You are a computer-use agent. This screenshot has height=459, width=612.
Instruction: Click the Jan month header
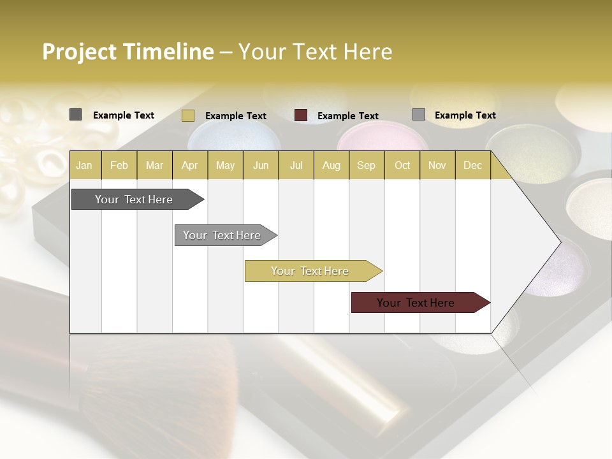click(x=85, y=165)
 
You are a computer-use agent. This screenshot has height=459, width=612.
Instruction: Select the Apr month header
click(x=190, y=165)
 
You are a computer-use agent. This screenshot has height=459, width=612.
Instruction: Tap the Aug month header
click(x=331, y=165)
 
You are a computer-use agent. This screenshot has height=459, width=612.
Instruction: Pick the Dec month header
click(x=473, y=165)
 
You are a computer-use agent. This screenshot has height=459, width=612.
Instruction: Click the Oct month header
click(x=402, y=165)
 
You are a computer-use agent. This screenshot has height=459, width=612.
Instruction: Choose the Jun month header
click(x=261, y=165)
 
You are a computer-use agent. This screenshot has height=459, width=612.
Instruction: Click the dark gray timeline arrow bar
click(x=135, y=200)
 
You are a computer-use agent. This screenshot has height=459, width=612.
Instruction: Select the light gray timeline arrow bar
click(x=222, y=235)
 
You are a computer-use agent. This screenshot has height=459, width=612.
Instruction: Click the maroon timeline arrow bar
click(x=416, y=303)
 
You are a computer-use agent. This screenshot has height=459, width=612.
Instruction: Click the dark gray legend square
click(x=75, y=115)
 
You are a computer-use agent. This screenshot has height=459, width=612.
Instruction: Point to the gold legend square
click(x=187, y=115)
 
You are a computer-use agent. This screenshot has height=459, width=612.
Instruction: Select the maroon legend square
click(x=301, y=115)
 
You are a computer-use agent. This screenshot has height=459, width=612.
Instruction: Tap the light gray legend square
click(x=418, y=115)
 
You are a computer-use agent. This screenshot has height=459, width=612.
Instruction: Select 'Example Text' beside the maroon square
click(x=348, y=116)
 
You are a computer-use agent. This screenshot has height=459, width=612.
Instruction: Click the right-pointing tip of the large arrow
click(x=558, y=242)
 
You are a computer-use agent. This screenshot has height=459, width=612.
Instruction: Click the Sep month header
click(x=367, y=165)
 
